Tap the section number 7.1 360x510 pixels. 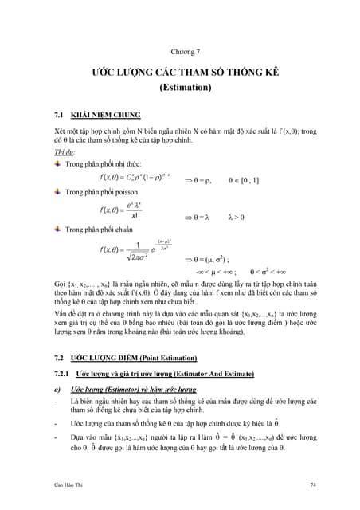tap(59, 114)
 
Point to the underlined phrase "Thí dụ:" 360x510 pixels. tap(65, 151)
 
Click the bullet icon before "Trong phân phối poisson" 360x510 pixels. tap(57, 192)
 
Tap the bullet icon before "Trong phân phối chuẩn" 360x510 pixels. tap(57, 229)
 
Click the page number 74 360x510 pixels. tap(313, 484)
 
